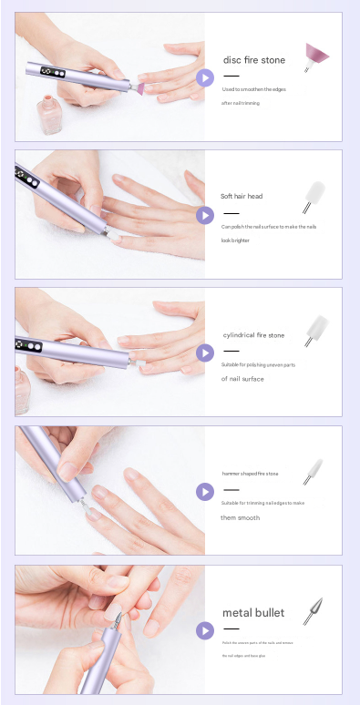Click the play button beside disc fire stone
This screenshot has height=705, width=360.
tap(205, 77)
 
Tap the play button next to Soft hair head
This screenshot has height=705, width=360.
tap(205, 215)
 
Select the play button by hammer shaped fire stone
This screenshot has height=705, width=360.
tap(205, 492)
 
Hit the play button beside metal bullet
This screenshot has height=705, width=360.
tap(205, 629)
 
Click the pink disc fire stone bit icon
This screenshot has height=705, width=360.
tap(316, 56)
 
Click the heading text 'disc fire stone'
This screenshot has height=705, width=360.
tap(254, 60)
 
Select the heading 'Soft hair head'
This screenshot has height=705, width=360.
tap(242, 196)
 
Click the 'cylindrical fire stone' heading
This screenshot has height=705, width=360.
tap(253, 335)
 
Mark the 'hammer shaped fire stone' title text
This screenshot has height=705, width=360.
tap(250, 474)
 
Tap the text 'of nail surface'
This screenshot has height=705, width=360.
tap(242, 379)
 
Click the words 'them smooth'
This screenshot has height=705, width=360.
tap(240, 517)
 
